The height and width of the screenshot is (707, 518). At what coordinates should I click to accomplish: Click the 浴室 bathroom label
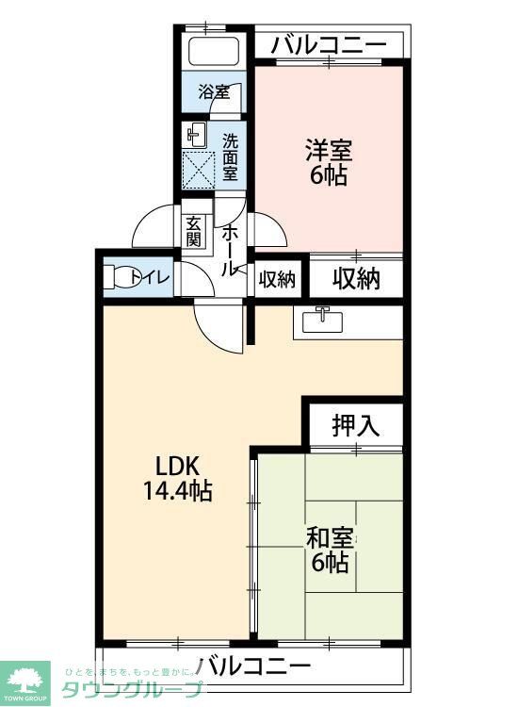(214, 92)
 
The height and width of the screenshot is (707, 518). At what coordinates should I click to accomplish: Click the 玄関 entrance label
(194, 232)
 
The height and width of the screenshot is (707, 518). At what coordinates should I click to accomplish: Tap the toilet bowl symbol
(117, 278)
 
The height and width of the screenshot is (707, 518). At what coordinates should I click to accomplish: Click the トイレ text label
(151, 277)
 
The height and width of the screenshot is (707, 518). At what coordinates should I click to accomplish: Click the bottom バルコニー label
(253, 666)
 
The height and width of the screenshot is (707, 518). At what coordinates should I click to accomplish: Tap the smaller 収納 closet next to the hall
(277, 279)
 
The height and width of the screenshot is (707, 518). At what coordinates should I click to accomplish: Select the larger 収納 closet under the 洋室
(356, 278)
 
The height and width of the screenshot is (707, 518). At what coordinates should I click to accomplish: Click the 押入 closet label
(355, 425)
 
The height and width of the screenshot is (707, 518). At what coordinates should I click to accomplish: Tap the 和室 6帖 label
(329, 551)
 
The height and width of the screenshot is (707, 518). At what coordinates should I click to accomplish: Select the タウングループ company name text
(132, 689)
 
